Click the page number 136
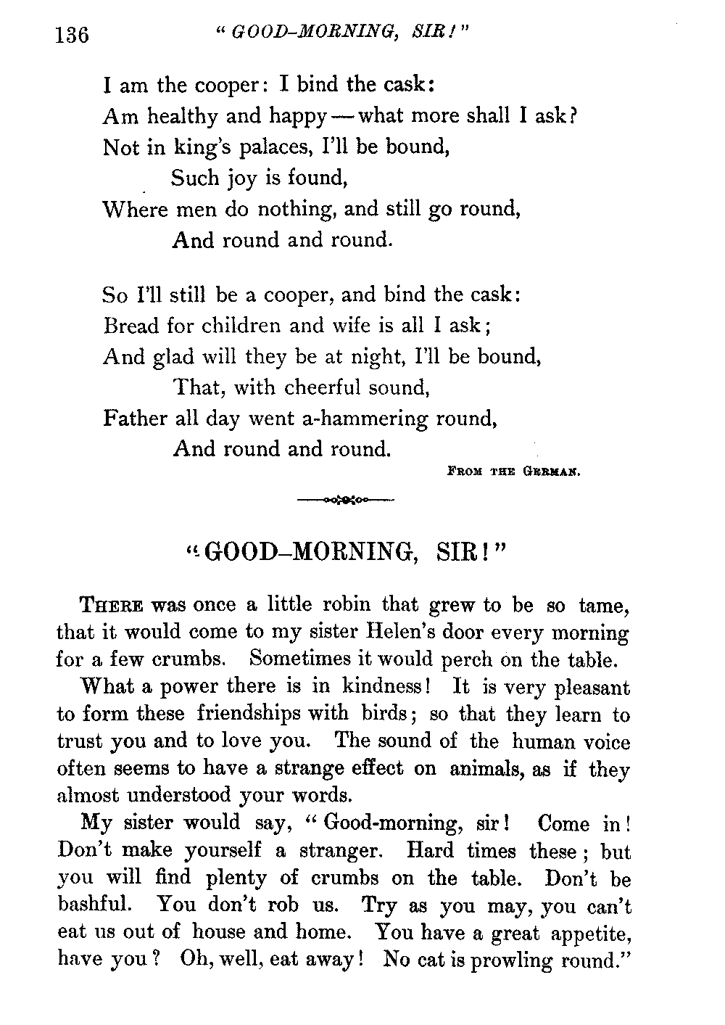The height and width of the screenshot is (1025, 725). coord(72,35)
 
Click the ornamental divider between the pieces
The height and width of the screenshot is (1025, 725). coord(345,500)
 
